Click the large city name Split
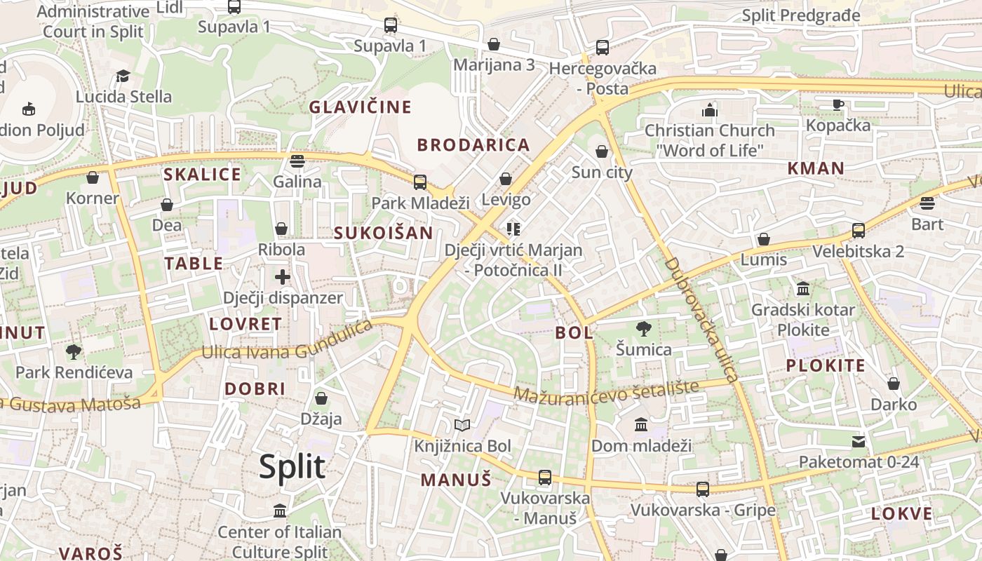(292, 466)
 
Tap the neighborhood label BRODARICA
(473, 145)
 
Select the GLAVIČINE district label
(361, 107)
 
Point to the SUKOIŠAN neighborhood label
(383, 233)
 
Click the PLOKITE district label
(826, 365)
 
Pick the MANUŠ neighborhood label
(456, 480)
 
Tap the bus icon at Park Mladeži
(419, 182)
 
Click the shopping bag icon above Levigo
(506, 180)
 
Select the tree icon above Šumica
(643, 328)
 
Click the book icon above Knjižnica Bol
(462, 425)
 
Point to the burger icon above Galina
(297, 161)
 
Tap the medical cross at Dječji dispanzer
(283, 277)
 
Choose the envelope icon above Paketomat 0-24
(859, 442)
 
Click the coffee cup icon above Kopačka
(838, 105)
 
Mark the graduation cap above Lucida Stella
(123, 76)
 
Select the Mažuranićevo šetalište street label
(607, 391)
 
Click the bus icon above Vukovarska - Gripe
(702, 489)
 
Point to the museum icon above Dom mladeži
(641, 425)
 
